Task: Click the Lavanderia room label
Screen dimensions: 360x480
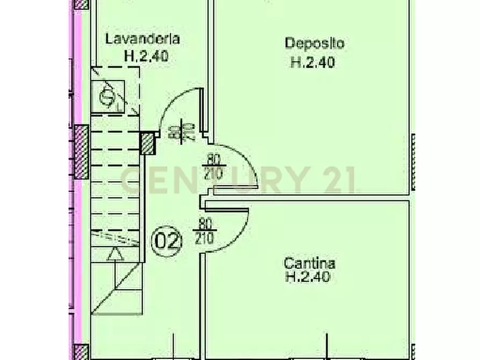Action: [x=142, y=39]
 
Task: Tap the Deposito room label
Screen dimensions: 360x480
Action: [x=314, y=42]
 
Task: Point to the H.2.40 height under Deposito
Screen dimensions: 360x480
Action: [x=313, y=62]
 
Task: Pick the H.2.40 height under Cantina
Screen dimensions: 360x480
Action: [x=307, y=277]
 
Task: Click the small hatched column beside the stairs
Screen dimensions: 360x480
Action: [x=147, y=142]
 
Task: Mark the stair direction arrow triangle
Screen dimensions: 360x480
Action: [x=114, y=255]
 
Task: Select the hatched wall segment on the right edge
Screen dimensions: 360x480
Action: [x=413, y=161]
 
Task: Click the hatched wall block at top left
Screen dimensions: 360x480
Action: [x=81, y=5]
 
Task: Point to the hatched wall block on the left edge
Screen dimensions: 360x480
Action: [x=81, y=152]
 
